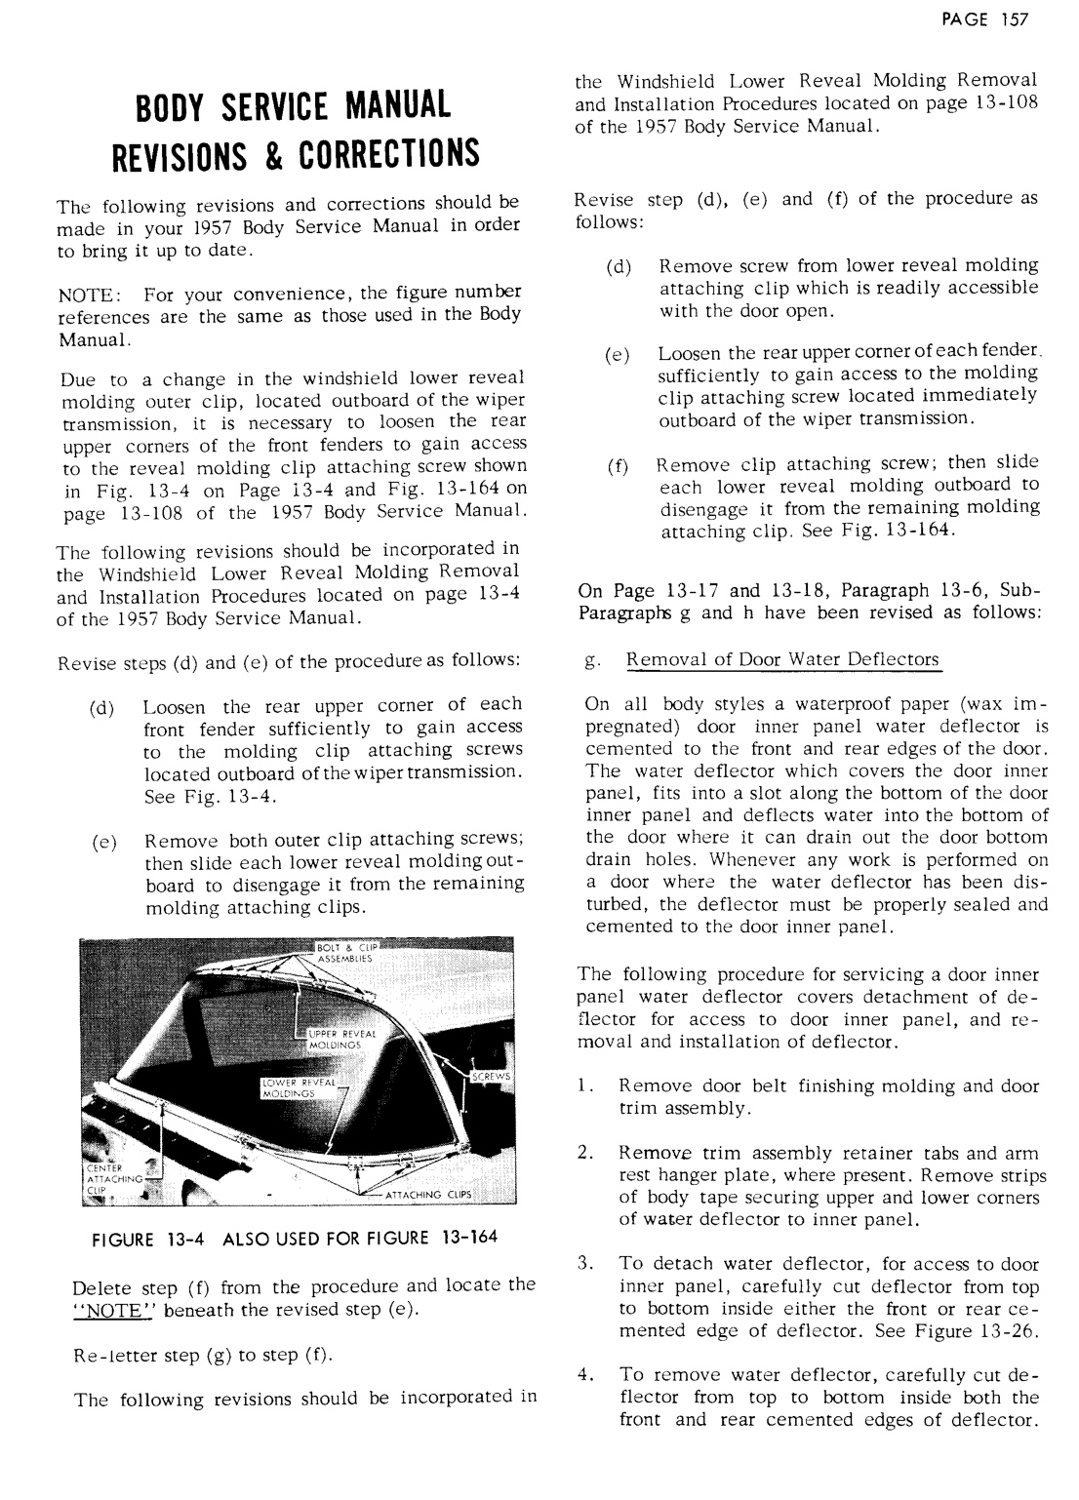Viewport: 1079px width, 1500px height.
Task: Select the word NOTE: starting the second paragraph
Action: (89, 296)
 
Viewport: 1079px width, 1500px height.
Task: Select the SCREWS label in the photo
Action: (492, 1077)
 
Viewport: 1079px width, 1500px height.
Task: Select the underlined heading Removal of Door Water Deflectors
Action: (782, 660)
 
